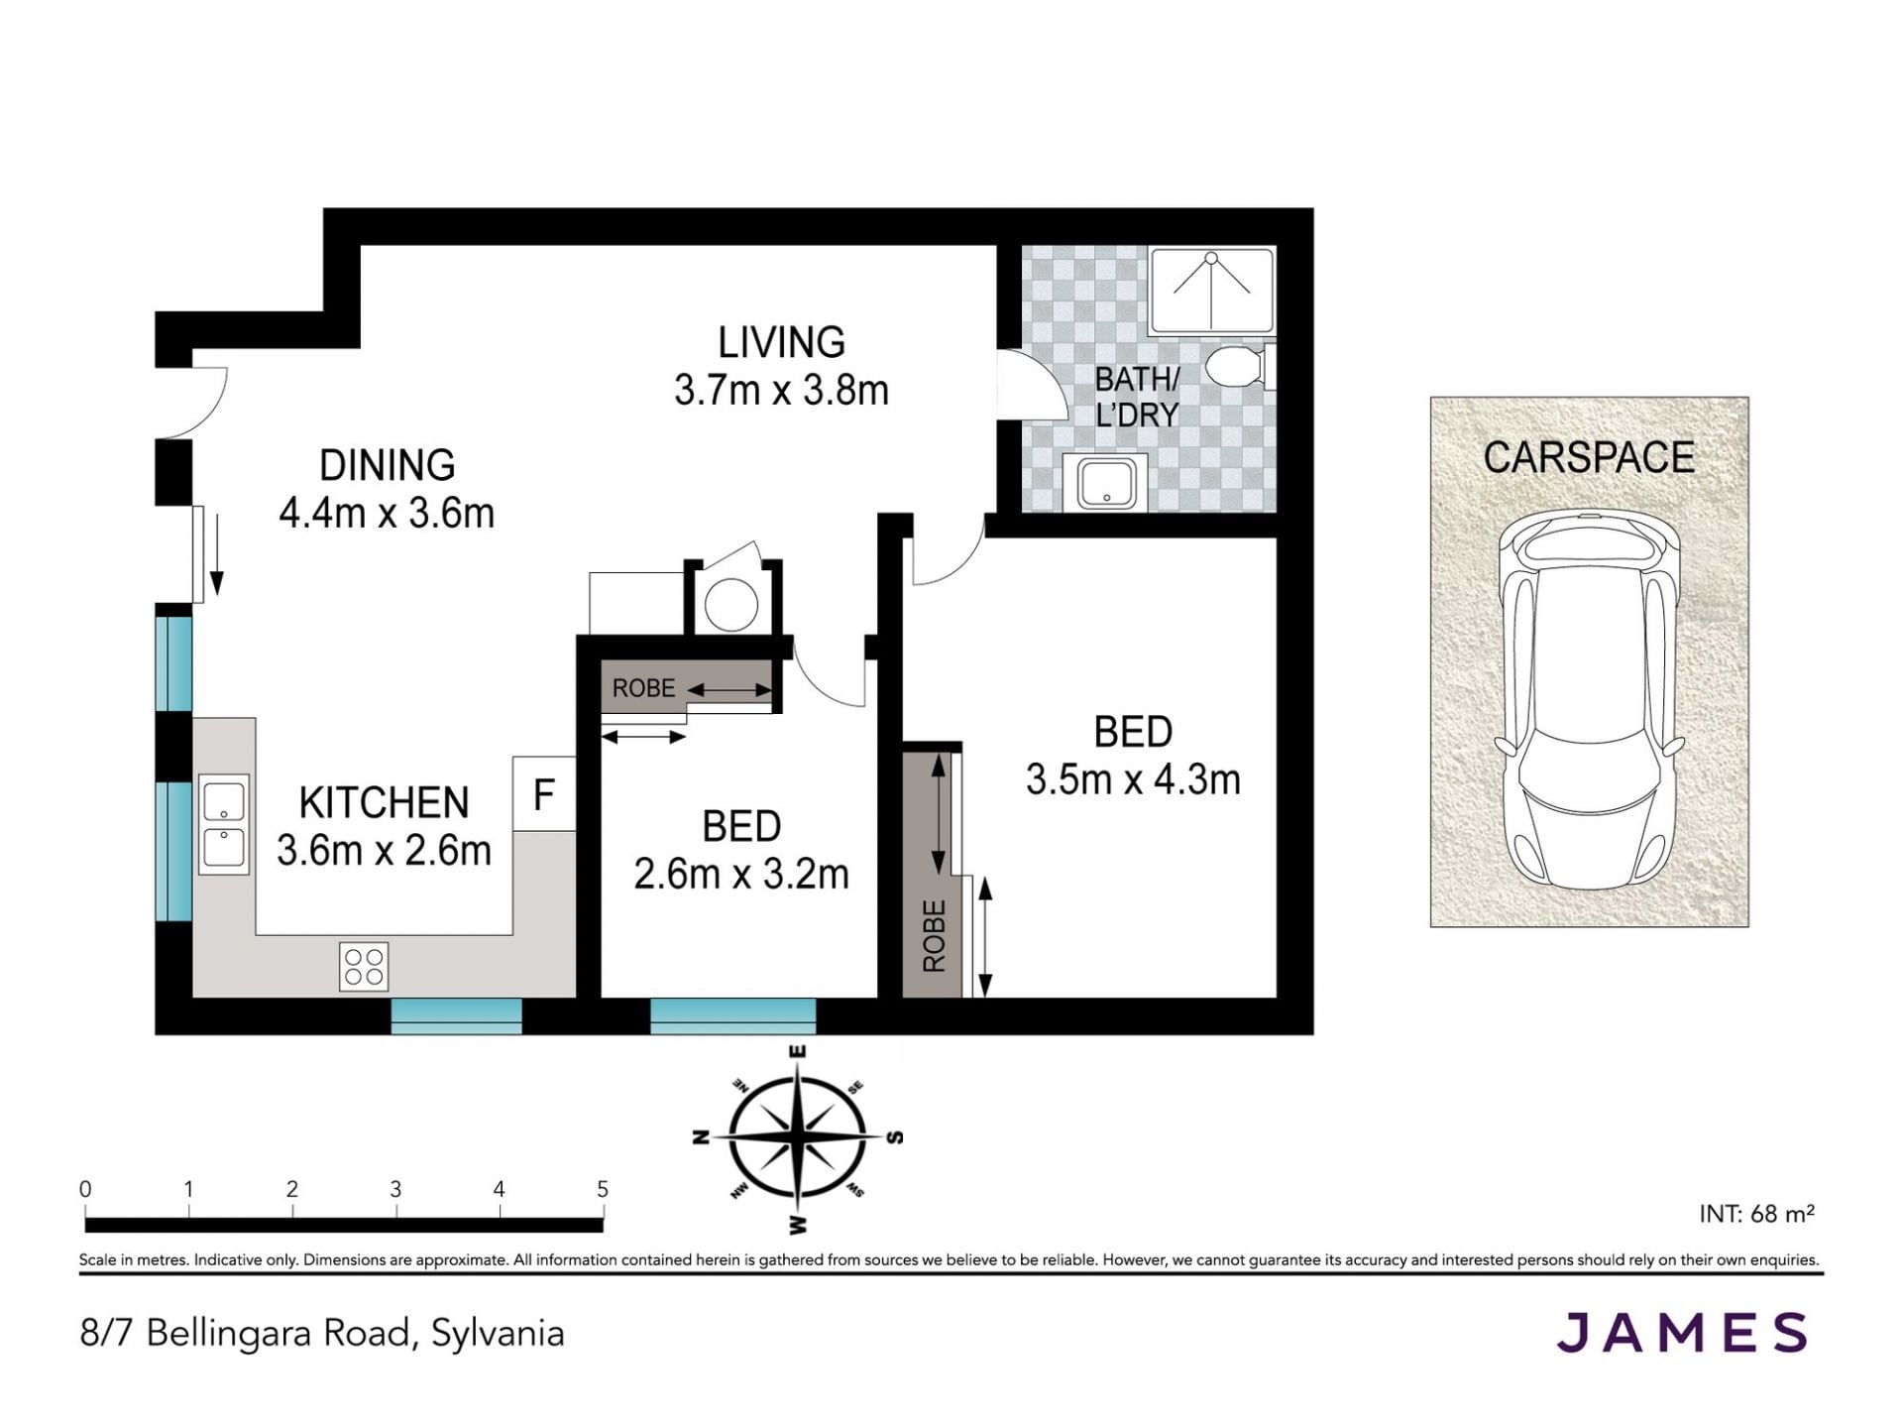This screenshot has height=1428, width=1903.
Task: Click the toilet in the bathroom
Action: tap(1240, 368)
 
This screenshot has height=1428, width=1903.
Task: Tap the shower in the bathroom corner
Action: tap(1211, 292)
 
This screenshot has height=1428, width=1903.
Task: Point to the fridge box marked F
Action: tap(544, 793)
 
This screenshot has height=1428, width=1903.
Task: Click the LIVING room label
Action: tap(781, 342)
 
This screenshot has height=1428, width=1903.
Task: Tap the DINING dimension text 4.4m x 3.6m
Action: tap(387, 513)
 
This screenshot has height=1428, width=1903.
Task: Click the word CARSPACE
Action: tap(1589, 457)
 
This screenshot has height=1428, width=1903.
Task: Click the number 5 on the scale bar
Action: tap(603, 1189)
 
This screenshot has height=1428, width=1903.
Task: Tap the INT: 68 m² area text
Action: tap(1756, 1213)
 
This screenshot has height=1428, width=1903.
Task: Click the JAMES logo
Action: tap(1682, 1332)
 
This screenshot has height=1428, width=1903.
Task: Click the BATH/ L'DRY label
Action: tap(1137, 397)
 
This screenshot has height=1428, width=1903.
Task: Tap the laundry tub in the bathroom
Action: tap(1105, 483)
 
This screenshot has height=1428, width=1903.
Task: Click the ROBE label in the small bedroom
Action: tap(643, 688)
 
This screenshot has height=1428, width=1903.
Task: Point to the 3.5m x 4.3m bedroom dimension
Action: tap(1133, 779)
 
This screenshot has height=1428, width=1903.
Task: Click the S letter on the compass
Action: tap(894, 1136)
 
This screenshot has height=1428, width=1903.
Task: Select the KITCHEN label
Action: tap(384, 802)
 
